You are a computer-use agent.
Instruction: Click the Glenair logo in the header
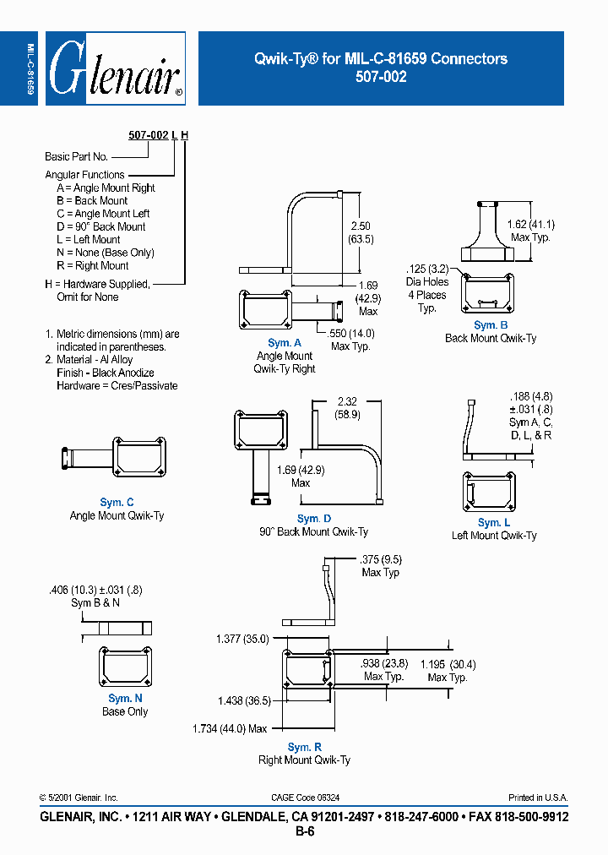tap(115, 68)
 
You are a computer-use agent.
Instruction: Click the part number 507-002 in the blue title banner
tap(381, 76)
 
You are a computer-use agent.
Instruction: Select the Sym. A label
tap(285, 343)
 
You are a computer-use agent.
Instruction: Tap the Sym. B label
tap(491, 325)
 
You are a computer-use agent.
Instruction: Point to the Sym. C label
tap(117, 503)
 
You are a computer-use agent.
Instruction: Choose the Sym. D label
tap(313, 519)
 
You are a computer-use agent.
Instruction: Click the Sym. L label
tap(494, 523)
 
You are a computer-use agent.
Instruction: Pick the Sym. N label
tap(125, 699)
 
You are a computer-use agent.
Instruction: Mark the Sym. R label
tap(304, 747)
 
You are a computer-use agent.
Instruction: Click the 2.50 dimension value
tap(361, 226)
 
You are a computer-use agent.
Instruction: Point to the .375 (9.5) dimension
tap(380, 559)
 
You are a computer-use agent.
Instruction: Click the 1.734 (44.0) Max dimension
tap(231, 728)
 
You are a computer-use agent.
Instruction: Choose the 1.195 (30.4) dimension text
tap(447, 665)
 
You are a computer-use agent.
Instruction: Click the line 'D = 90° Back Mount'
tap(100, 226)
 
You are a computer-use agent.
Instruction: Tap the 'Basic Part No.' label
tap(76, 156)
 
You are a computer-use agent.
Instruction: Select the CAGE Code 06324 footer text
tap(305, 798)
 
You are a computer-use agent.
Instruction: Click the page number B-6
tap(304, 831)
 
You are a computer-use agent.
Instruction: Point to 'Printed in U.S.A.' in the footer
tap(538, 798)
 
